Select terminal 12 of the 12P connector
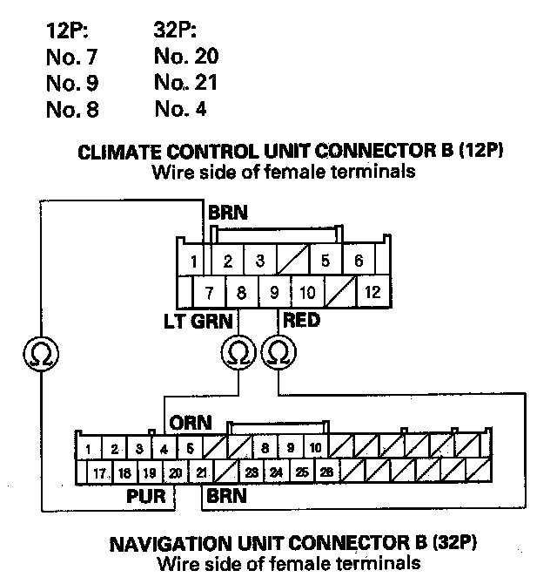click(x=372, y=291)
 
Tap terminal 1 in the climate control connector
click(x=196, y=261)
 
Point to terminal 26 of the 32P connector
click(x=325, y=472)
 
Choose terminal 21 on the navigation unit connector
click(x=201, y=472)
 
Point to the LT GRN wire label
click(x=198, y=321)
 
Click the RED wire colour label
click(x=301, y=321)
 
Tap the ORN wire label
click(x=191, y=423)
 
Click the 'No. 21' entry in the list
click(x=185, y=84)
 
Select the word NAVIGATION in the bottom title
click(x=178, y=546)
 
